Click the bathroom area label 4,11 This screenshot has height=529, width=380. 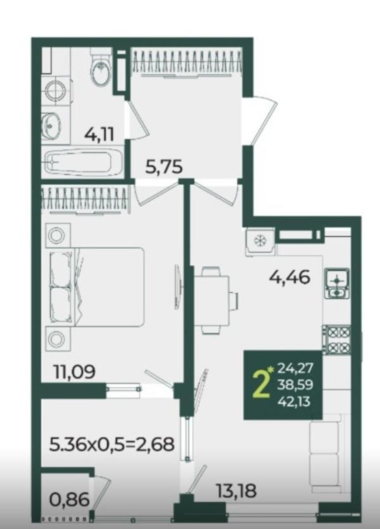(x=99, y=135)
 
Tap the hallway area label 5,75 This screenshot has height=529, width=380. (x=164, y=167)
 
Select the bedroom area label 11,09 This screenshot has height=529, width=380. (x=75, y=372)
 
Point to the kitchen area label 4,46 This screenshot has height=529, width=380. (x=290, y=278)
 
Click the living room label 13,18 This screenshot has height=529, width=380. (x=236, y=490)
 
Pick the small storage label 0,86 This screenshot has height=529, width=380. (x=69, y=500)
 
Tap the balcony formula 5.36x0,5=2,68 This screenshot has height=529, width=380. (x=112, y=444)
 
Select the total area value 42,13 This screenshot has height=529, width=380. (x=294, y=402)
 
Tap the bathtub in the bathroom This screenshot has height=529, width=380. (x=83, y=163)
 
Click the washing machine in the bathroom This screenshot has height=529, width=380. (x=56, y=89)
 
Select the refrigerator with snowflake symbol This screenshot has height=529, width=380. (x=260, y=240)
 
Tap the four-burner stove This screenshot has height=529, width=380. (x=337, y=340)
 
